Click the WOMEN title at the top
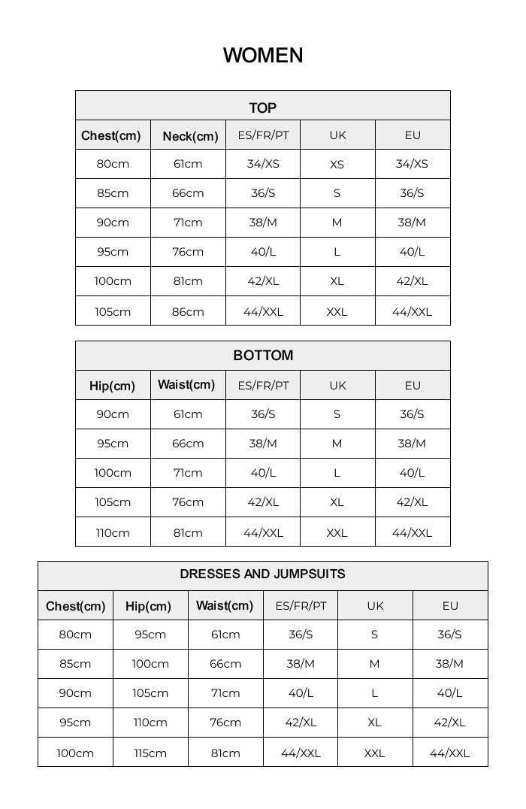coord(263,56)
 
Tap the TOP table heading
coord(263,108)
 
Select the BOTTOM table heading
coord(263,356)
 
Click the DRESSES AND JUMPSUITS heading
coord(263,574)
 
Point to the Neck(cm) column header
coord(190,136)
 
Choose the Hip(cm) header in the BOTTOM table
coord(113,386)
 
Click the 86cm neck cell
coord(188,312)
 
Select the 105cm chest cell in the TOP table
coord(113,312)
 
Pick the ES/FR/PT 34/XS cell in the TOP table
coord(263,164)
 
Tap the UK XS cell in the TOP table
coord(337,165)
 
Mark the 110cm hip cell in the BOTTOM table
coord(113,533)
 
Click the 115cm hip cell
coord(150,753)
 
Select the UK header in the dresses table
coord(375,606)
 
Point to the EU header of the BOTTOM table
coord(413,386)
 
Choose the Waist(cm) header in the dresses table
coord(225,605)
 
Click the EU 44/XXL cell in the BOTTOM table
coord(412,533)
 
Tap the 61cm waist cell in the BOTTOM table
coord(188,414)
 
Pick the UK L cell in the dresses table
coord(374,693)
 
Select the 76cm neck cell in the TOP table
coord(188,252)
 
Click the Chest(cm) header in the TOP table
coord(111,136)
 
